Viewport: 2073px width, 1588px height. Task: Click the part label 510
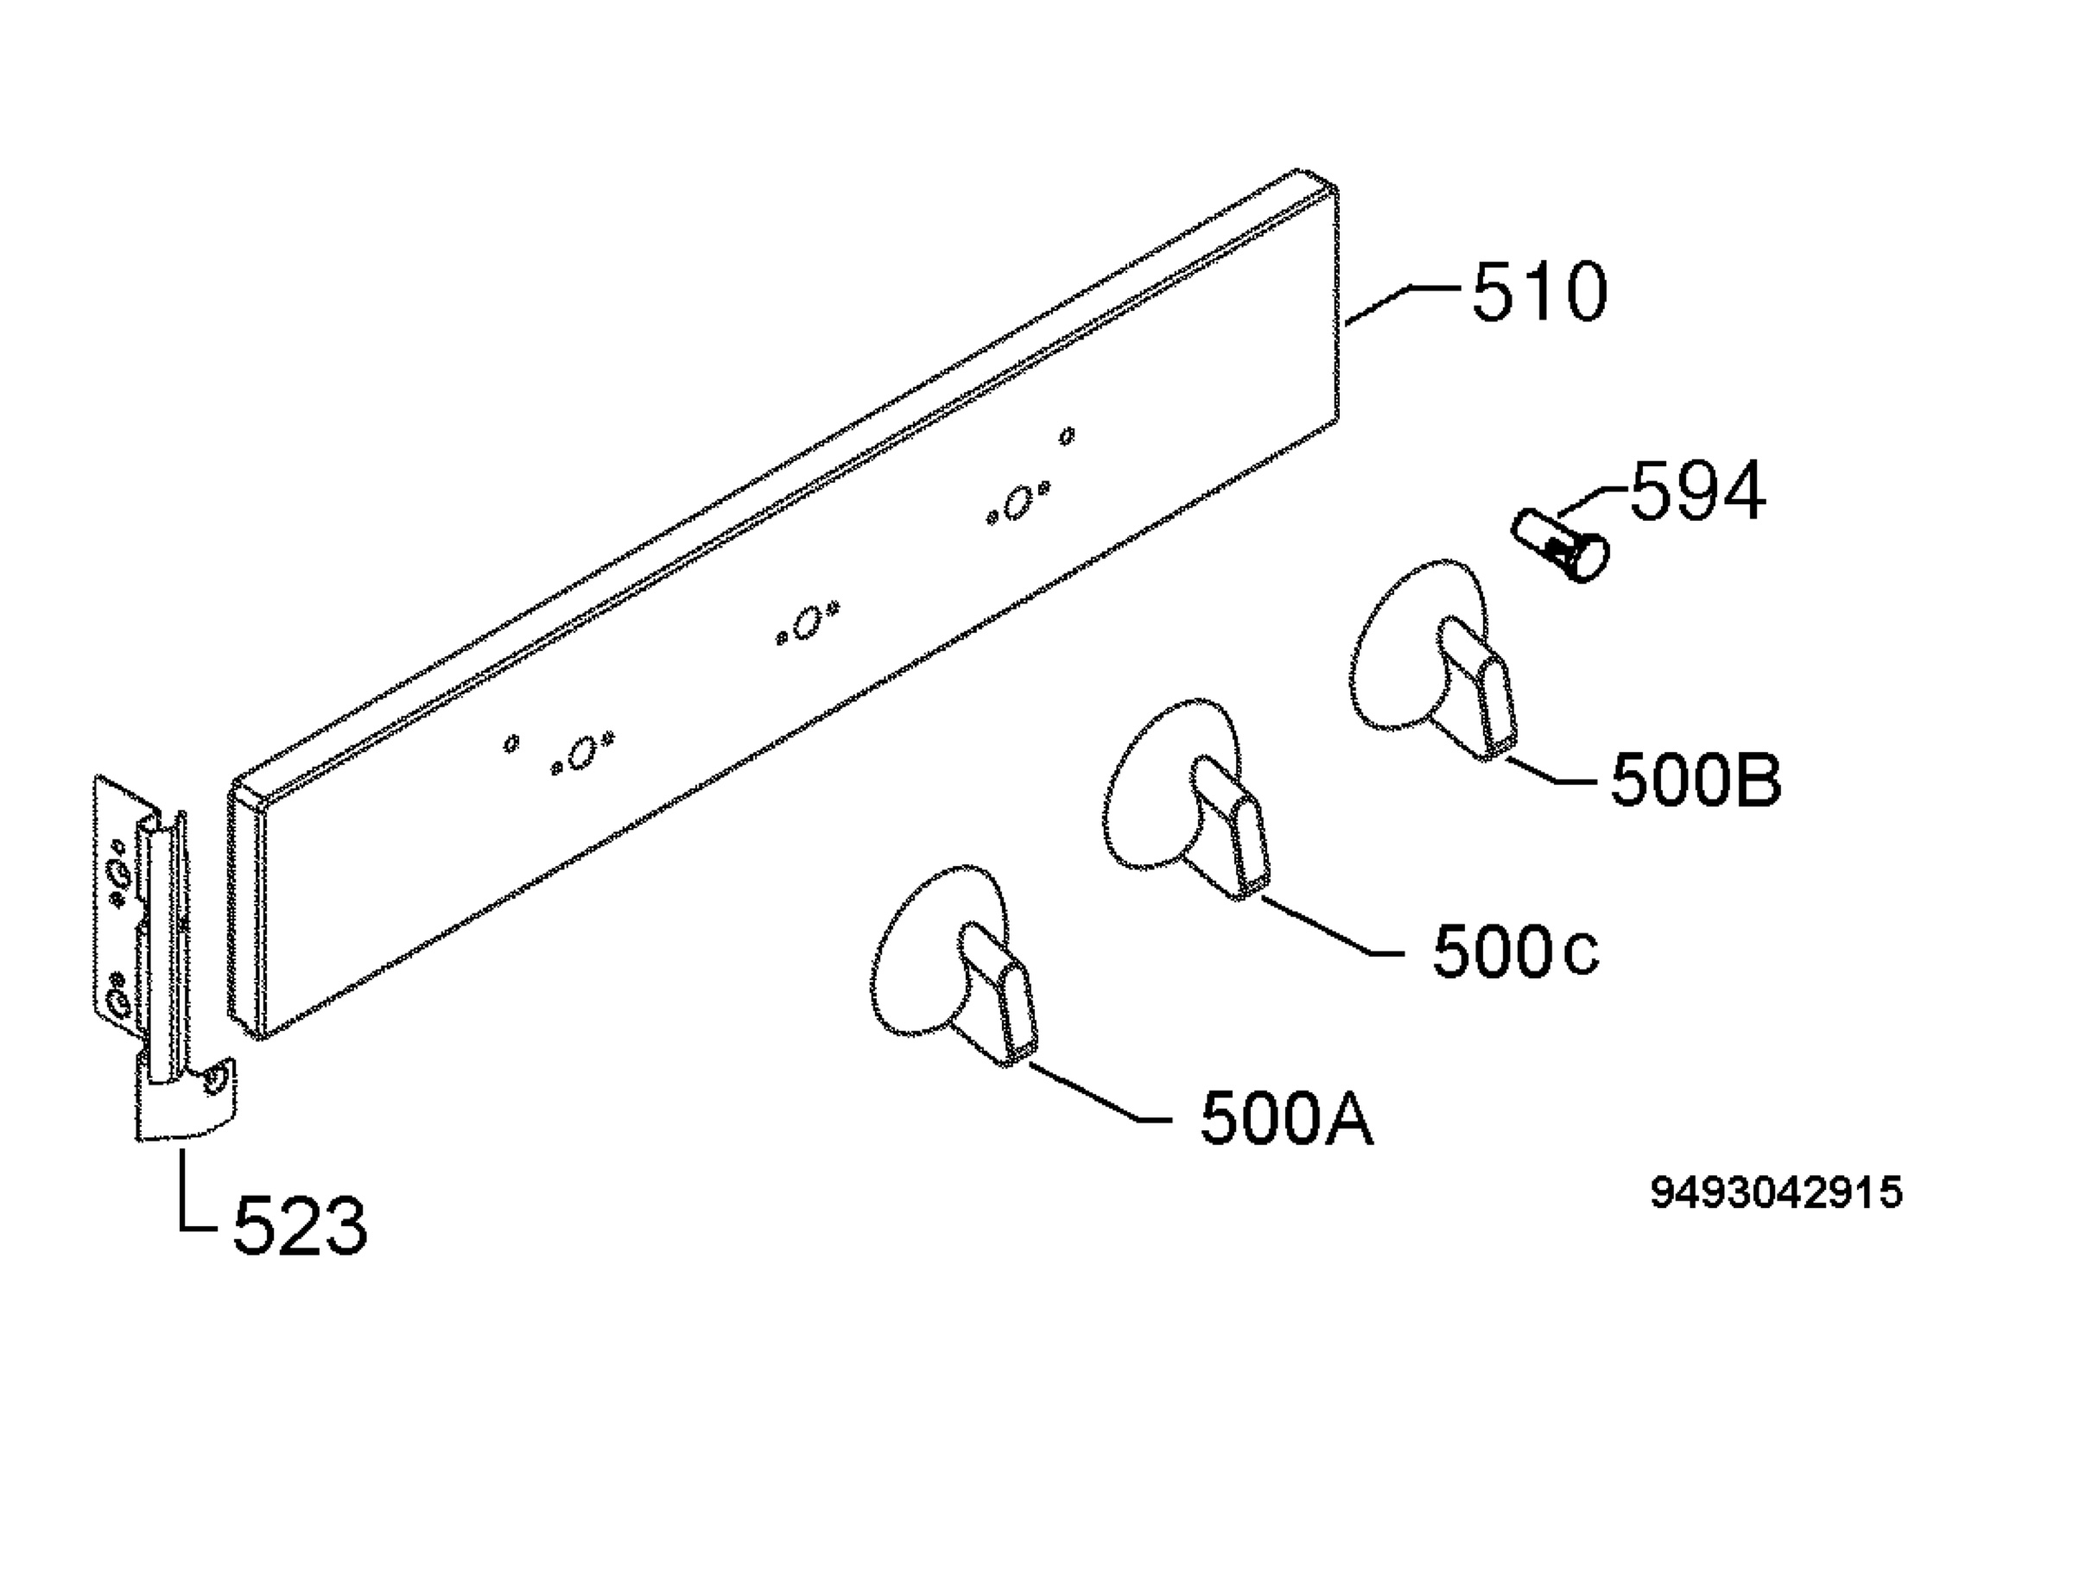coord(1539,292)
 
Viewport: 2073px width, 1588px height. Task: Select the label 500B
coord(1696,780)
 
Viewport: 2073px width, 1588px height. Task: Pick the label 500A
coord(1286,1119)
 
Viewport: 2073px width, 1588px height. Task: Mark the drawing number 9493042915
coord(1776,1193)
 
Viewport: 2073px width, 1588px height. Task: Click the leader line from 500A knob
coord(1100,1095)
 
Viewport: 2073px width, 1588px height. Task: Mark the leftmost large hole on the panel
coord(582,752)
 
